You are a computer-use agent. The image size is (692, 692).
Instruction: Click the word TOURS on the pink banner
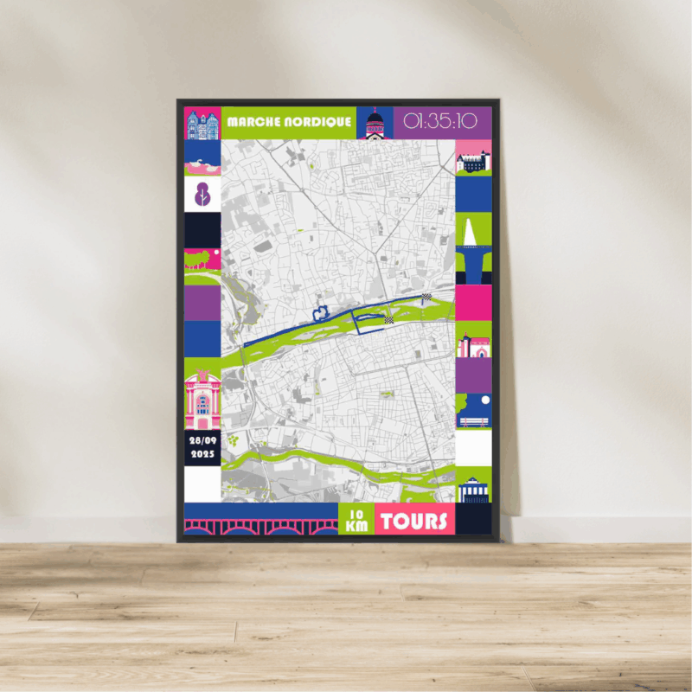pyautogui.click(x=415, y=521)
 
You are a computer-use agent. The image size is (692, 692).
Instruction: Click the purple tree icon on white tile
pyautogui.click(x=202, y=193)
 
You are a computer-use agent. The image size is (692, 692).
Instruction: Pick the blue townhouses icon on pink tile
pyautogui.click(x=202, y=124)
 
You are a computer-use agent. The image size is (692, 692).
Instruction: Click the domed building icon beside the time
pyautogui.click(x=375, y=124)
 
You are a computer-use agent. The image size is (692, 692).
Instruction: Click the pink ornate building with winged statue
pyautogui.click(x=202, y=398)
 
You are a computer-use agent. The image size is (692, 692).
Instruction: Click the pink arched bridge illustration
pyautogui.click(x=260, y=524)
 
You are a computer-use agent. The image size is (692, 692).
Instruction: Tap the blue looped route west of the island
pyautogui.click(x=321, y=311)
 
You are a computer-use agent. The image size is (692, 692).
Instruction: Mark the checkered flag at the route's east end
pyautogui.click(x=426, y=298)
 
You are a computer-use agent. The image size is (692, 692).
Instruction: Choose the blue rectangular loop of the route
pyautogui.click(x=369, y=324)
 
